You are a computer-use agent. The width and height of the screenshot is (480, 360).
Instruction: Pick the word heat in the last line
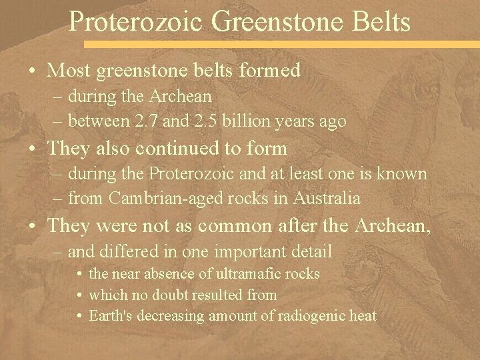tap(364, 315)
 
